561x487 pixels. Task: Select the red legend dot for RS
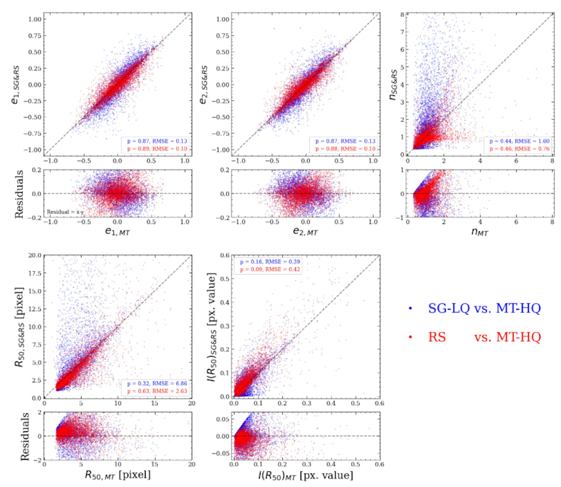click(x=411, y=337)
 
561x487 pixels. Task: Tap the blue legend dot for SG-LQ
click(x=411, y=308)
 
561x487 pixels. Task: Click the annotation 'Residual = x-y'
click(x=65, y=212)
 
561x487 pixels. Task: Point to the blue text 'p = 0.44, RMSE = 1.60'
click(x=520, y=141)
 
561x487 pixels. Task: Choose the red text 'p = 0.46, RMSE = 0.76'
click(x=520, y=149)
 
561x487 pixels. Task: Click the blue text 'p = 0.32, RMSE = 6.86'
click(x=157, y=383)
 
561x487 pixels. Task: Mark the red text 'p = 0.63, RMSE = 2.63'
click(x=157, y=391)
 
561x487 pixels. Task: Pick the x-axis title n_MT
click(x=480, y=232)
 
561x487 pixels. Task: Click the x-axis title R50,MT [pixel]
click(x=117, y=475)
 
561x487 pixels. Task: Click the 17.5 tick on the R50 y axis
click(x=35, y=273)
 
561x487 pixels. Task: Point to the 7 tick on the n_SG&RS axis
click(x=402, y=32)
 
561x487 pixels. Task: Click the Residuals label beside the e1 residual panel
click(x=19, y=194)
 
